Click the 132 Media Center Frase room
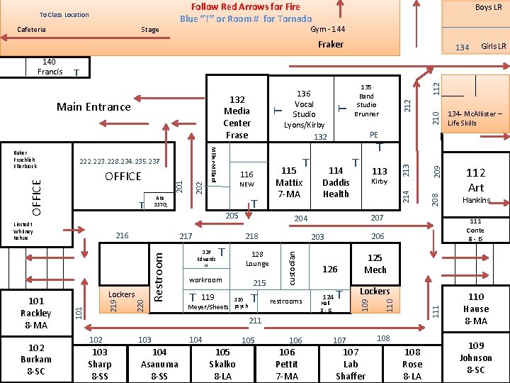237,117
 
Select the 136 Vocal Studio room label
304,109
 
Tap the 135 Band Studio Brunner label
366,99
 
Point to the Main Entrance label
93,107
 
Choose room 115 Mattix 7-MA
288,182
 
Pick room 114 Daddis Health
336,182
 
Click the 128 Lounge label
257,259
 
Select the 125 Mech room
375,264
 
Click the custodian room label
292,265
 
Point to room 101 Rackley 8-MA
35,313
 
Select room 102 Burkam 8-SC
35,359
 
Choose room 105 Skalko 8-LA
222,364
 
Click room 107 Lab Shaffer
351,364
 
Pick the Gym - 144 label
328,29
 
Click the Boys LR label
488,8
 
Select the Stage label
149,30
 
